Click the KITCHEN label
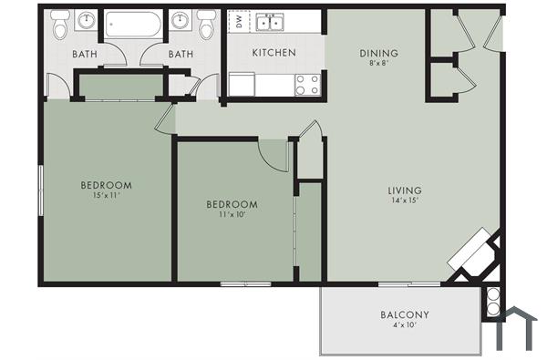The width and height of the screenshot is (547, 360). click(273, 53)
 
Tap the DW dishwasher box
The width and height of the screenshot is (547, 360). click(239, 22)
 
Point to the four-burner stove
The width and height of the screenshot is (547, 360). click(307, 84)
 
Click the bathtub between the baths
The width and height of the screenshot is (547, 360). click(133, 24)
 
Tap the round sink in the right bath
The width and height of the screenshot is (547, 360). click(180, 21)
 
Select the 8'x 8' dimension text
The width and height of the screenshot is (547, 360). click(377, 65)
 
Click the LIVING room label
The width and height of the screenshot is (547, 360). click(404, 190)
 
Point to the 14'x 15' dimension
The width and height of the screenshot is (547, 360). click(404, 201)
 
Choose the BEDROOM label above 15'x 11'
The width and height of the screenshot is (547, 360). click(107, 184)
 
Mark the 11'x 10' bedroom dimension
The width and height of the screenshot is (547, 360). click(232, 215)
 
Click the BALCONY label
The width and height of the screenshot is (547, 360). click(404, 315)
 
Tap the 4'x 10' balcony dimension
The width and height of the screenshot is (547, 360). click(404, 326)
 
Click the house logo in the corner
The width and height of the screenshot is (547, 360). click(519, 329)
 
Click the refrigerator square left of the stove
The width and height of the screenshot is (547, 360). click(242, 85)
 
